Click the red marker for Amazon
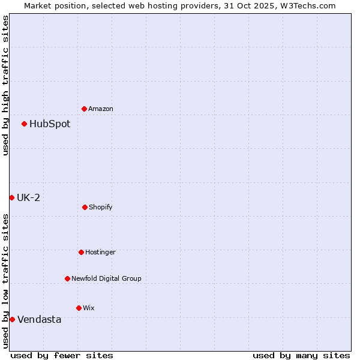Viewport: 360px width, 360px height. click(x=85, y=109)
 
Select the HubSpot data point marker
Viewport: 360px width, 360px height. click(x=25, y=124)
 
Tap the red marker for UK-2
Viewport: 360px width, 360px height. click(x=12, y=197)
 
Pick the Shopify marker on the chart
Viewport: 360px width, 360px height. click(x=85, y=207)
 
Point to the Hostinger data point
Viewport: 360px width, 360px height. click(x=81, y=252)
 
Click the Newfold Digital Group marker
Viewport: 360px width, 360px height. click(x=67, y=278)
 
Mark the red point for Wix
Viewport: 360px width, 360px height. click(x=79, y=308)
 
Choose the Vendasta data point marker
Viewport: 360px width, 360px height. click(x=12, y=319)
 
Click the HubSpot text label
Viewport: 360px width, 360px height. click(x=50, y=124)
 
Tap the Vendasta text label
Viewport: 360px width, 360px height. click(x=39, y=319)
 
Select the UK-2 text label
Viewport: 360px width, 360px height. click(x=28, y=197)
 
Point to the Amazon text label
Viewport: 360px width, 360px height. click(x=101, y=109)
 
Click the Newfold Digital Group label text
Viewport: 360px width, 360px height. click(x=106, y=278)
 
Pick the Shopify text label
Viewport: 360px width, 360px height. click(x=101, y=207)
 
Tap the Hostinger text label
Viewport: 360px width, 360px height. click(x=100, y=252)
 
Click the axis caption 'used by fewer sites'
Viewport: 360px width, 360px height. click(x=62, y=355)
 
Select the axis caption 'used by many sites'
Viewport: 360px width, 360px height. click(x=301, y=355)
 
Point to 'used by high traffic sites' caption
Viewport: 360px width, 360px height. click(x=5, y=85)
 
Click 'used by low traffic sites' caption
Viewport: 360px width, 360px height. click(x=5, y=281)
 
